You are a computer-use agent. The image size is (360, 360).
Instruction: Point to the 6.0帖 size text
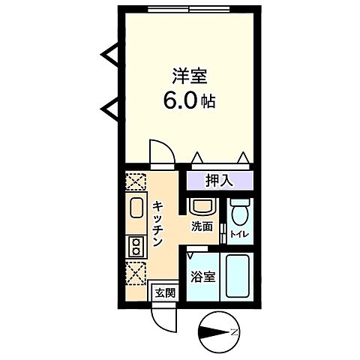coord(189,100)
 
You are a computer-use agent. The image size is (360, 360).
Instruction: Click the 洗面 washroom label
coord(201,226)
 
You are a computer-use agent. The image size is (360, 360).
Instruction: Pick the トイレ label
coord(238,235)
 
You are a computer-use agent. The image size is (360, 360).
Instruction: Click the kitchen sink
coord(137,209)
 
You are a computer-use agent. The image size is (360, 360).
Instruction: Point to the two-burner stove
coord(137,244)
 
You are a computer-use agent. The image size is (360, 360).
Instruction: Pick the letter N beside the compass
coord(234,331)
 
